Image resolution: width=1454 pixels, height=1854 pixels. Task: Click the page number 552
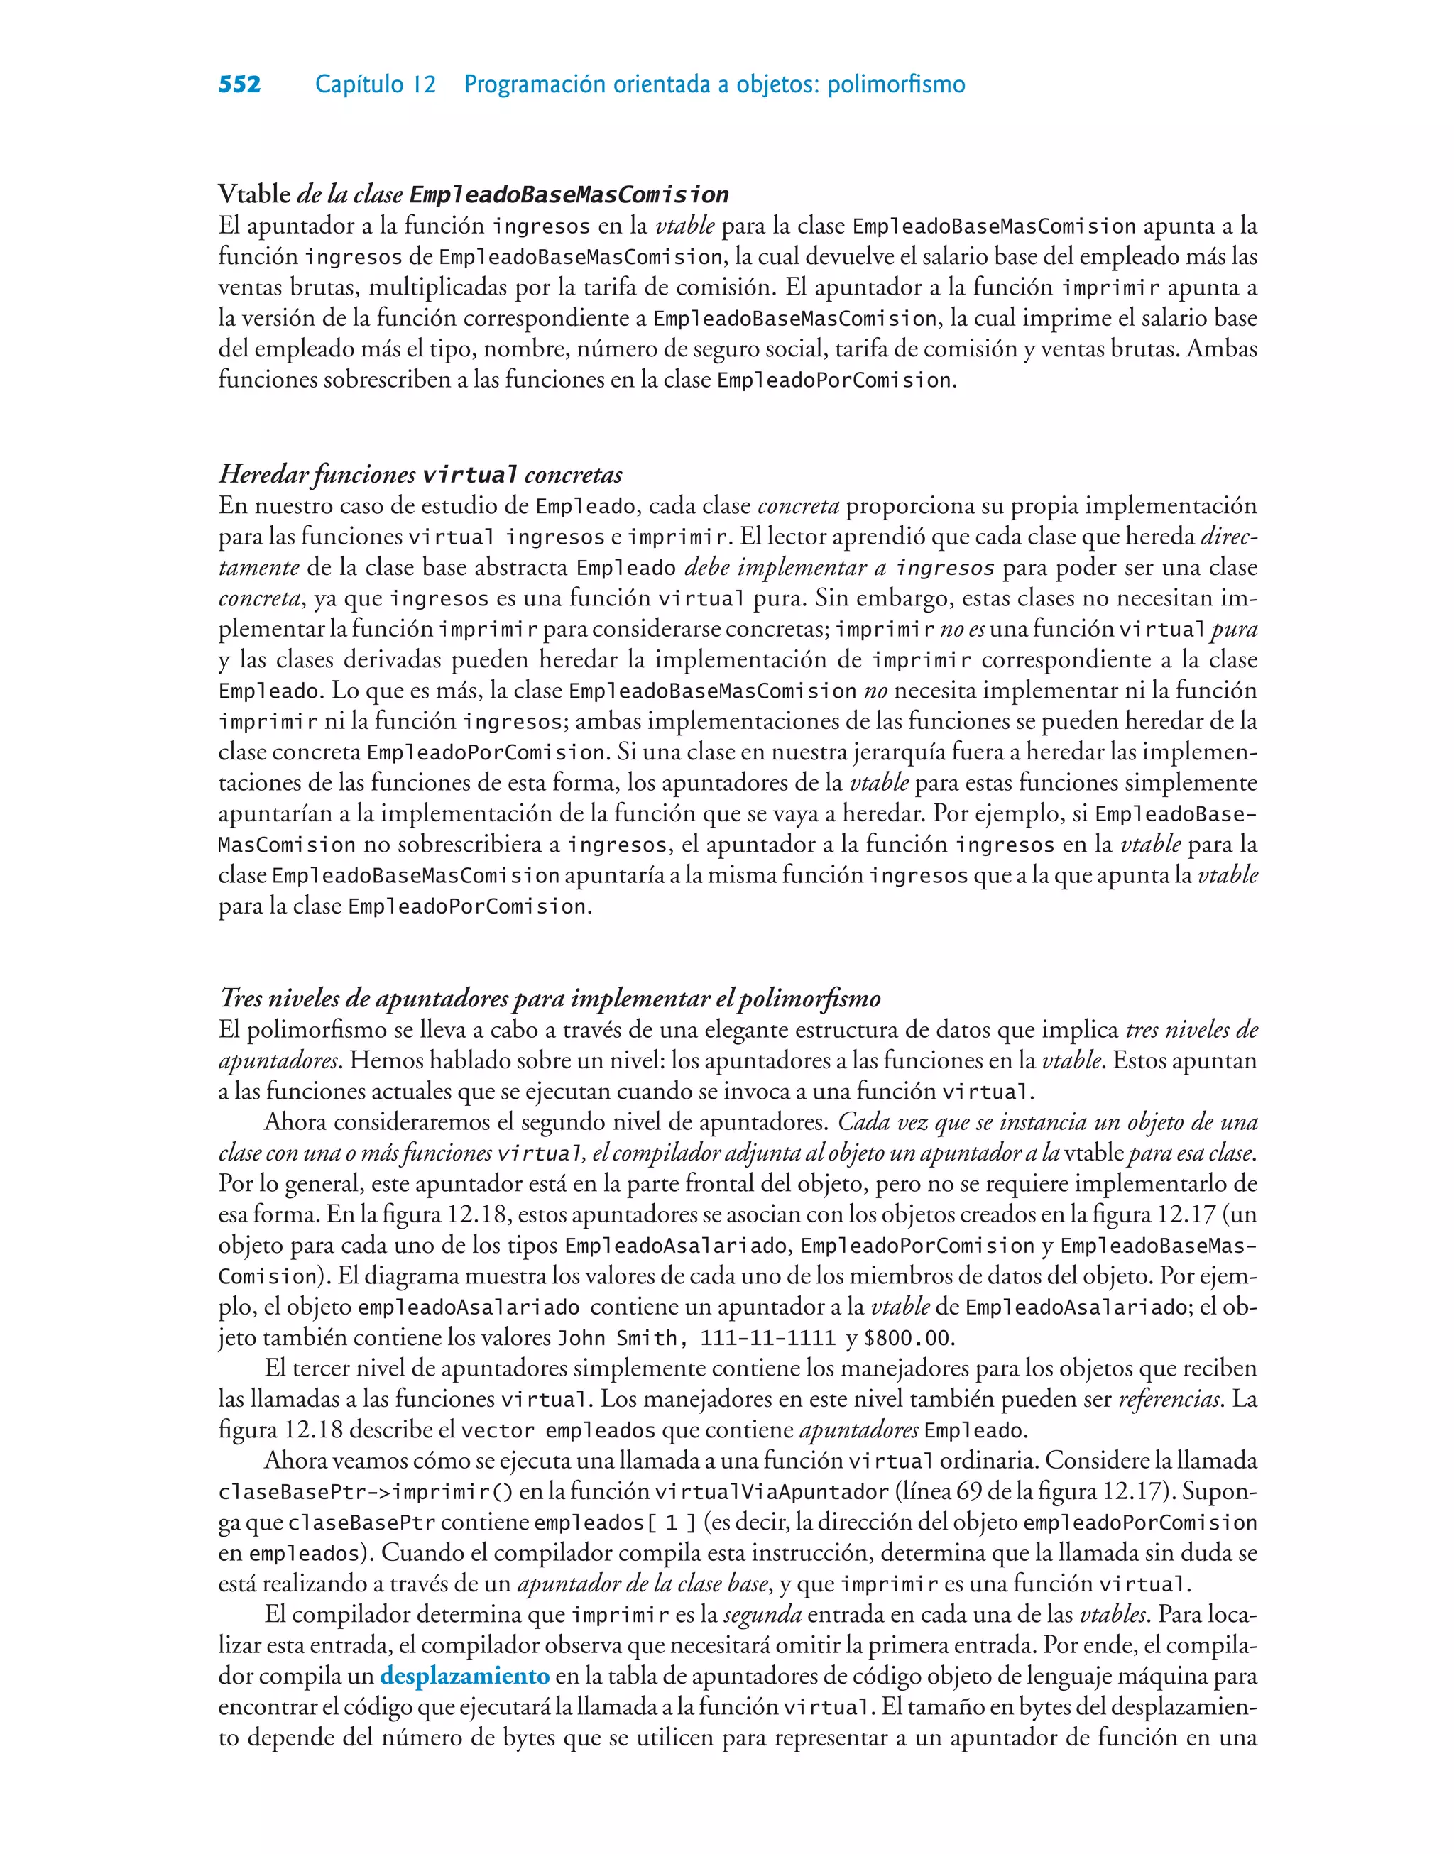(x=239, y=84)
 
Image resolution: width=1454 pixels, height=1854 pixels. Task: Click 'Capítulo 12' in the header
(x=376, y=84)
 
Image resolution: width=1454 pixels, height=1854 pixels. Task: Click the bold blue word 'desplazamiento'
(x=465, y=1675)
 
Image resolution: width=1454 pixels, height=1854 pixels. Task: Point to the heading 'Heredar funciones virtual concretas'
(x=420, y=475)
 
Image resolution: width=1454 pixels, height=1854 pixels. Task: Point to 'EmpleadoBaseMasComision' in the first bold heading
(x=569, y=195)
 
